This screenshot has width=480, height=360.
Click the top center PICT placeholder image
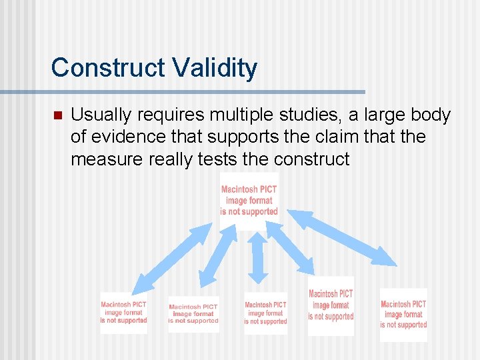pyautogui.click(x=249, y=200)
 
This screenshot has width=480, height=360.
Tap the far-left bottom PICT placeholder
pyautogui.click(x=123, y=313)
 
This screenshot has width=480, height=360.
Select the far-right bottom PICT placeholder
pyautogui.click(x=403, y=315)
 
